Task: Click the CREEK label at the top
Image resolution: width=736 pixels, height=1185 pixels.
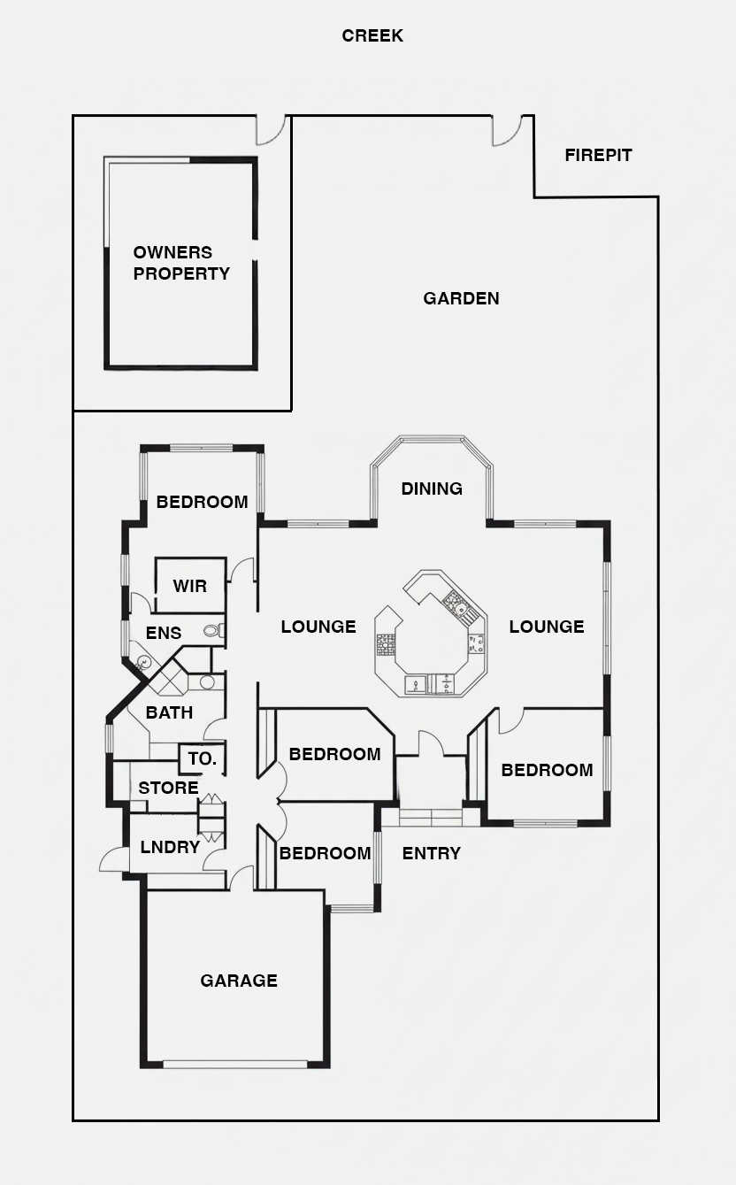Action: (372, 35)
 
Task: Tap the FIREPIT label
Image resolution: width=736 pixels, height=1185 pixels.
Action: (598, 155)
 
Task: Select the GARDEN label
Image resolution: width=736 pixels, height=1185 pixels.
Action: (461, 298)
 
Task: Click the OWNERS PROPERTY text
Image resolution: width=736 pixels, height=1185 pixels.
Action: (181, 263)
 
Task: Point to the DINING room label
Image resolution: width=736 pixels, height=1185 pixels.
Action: (432, 489)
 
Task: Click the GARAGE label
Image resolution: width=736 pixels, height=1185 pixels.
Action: (239, 981)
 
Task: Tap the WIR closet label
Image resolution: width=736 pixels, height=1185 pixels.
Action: (189, 586)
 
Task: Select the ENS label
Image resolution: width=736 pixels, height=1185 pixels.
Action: (164, 633)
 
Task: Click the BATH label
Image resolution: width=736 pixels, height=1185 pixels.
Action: (169, 712)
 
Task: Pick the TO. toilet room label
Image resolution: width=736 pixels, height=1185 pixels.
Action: (202, 759)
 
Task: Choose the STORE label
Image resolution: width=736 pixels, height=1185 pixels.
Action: (168, 788)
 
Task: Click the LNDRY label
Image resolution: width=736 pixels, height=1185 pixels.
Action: (170, 847)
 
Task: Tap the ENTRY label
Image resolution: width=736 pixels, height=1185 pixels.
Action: (431, 853)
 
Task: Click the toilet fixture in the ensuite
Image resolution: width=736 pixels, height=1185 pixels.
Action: (213, 631)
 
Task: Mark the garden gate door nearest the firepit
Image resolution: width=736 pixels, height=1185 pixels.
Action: (508, 130)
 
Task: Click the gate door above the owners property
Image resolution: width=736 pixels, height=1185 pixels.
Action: (270, 130)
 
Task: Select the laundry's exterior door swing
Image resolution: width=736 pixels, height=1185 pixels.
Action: (114, 859)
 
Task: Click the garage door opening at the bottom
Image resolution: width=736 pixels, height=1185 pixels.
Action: (234, 1064)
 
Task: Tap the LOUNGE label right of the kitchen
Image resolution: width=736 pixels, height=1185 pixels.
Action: (546, 627)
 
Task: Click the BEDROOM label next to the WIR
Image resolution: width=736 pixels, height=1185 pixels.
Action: (202, 502)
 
